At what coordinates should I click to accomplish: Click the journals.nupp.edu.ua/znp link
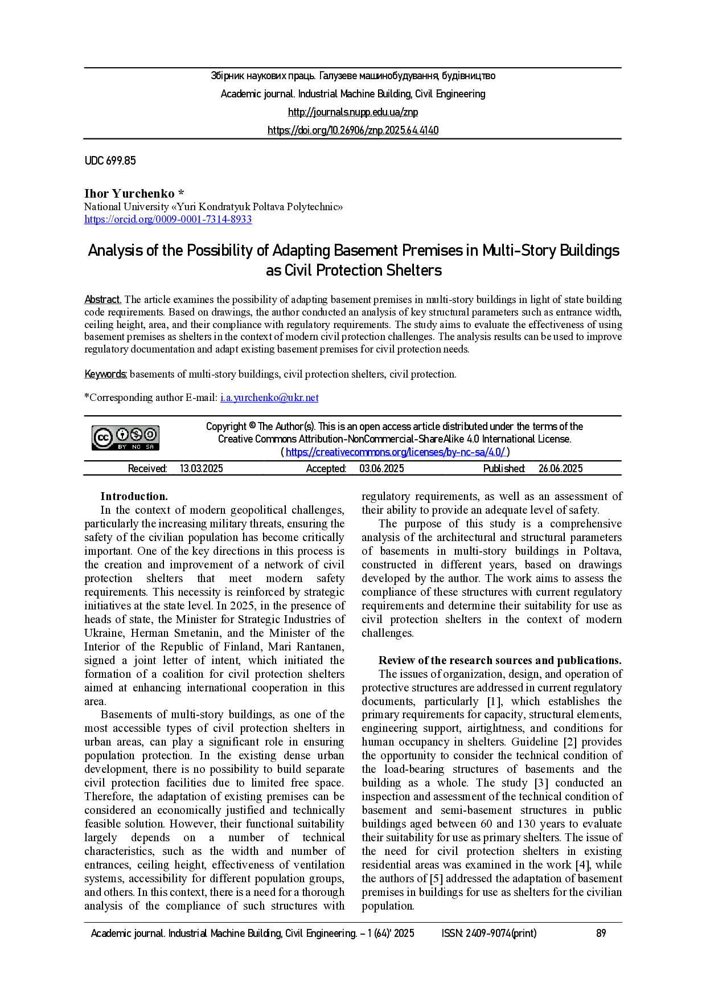click(352, 112)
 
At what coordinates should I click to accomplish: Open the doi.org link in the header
click(352, 130)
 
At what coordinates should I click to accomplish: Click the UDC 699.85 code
click(110, 161)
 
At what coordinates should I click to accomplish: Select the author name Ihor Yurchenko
click(129, 194)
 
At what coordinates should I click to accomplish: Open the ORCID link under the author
click(168, 219)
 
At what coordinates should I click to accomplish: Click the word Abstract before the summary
click(102, 300)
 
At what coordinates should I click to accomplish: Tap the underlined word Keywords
click(105, 374)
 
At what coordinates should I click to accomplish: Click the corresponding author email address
click(269, 398)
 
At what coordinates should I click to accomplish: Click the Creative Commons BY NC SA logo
click(126, 438)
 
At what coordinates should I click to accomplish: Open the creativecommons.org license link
click(395, 452)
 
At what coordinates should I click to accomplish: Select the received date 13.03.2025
click(201, 469)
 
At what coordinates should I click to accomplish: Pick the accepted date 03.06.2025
click(381, 469)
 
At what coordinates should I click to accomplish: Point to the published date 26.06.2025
click(560, 469)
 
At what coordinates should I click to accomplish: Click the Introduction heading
click(134, 497)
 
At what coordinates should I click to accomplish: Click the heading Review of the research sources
click(499, 661)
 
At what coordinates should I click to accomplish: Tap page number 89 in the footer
click(601, 934)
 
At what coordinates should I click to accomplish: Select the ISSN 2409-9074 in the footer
click(489, 934)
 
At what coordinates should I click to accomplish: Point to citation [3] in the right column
click(541, 783)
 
